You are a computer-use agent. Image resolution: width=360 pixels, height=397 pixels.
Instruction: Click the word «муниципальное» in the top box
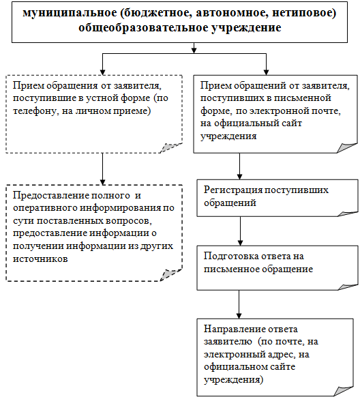coord(70,13)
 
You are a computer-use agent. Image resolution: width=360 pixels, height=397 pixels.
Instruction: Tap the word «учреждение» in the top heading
coord(246,27)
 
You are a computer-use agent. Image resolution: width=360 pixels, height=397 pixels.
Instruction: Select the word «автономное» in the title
coord(232,13)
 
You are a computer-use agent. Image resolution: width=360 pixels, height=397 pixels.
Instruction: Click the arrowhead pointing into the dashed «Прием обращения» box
coord(102,72)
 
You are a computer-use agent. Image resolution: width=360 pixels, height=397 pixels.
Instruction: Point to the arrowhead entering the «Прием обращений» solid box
coord(266,72)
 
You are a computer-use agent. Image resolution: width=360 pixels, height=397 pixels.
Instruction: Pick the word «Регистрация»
coord(233,190)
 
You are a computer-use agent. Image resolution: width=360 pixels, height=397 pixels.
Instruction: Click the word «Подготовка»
coord(231,256)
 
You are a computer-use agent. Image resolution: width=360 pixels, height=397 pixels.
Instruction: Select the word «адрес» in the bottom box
coord(281,355)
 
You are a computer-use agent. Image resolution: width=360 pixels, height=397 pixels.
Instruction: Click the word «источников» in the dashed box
coord(40,259)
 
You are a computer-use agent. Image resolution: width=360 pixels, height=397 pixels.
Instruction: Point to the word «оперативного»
coord(45,208)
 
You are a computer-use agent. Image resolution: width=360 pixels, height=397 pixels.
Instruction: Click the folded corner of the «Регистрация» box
coord(348,214)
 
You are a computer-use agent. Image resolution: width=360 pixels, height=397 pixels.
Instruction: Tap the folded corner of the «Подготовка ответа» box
coord(348,287)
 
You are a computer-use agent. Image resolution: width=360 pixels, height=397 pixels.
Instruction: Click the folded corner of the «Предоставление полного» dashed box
coord(171,275)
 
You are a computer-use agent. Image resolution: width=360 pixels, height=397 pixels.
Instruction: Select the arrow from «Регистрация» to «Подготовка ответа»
coord(240,231)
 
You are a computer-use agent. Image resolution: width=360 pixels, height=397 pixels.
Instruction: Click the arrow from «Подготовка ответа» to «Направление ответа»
coord(239,304)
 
